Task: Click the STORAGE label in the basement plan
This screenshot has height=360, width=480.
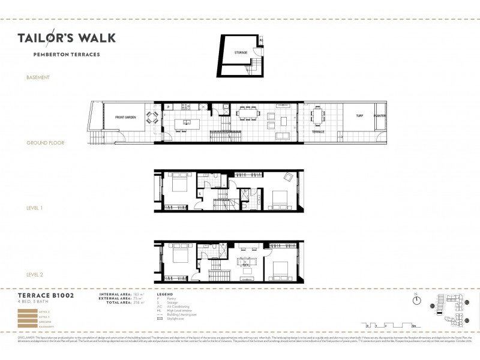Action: coord(241,53)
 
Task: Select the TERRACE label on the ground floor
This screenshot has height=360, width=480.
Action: coord(317,130)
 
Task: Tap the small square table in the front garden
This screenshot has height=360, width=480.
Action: coord(154,117)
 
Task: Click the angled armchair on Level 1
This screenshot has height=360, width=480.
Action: coord(288,177)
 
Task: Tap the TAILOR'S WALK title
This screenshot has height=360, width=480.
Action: coord(67,38)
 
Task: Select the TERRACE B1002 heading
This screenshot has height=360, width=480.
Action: coord(46,296)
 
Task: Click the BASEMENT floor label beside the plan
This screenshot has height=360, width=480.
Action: coord(38,77)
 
